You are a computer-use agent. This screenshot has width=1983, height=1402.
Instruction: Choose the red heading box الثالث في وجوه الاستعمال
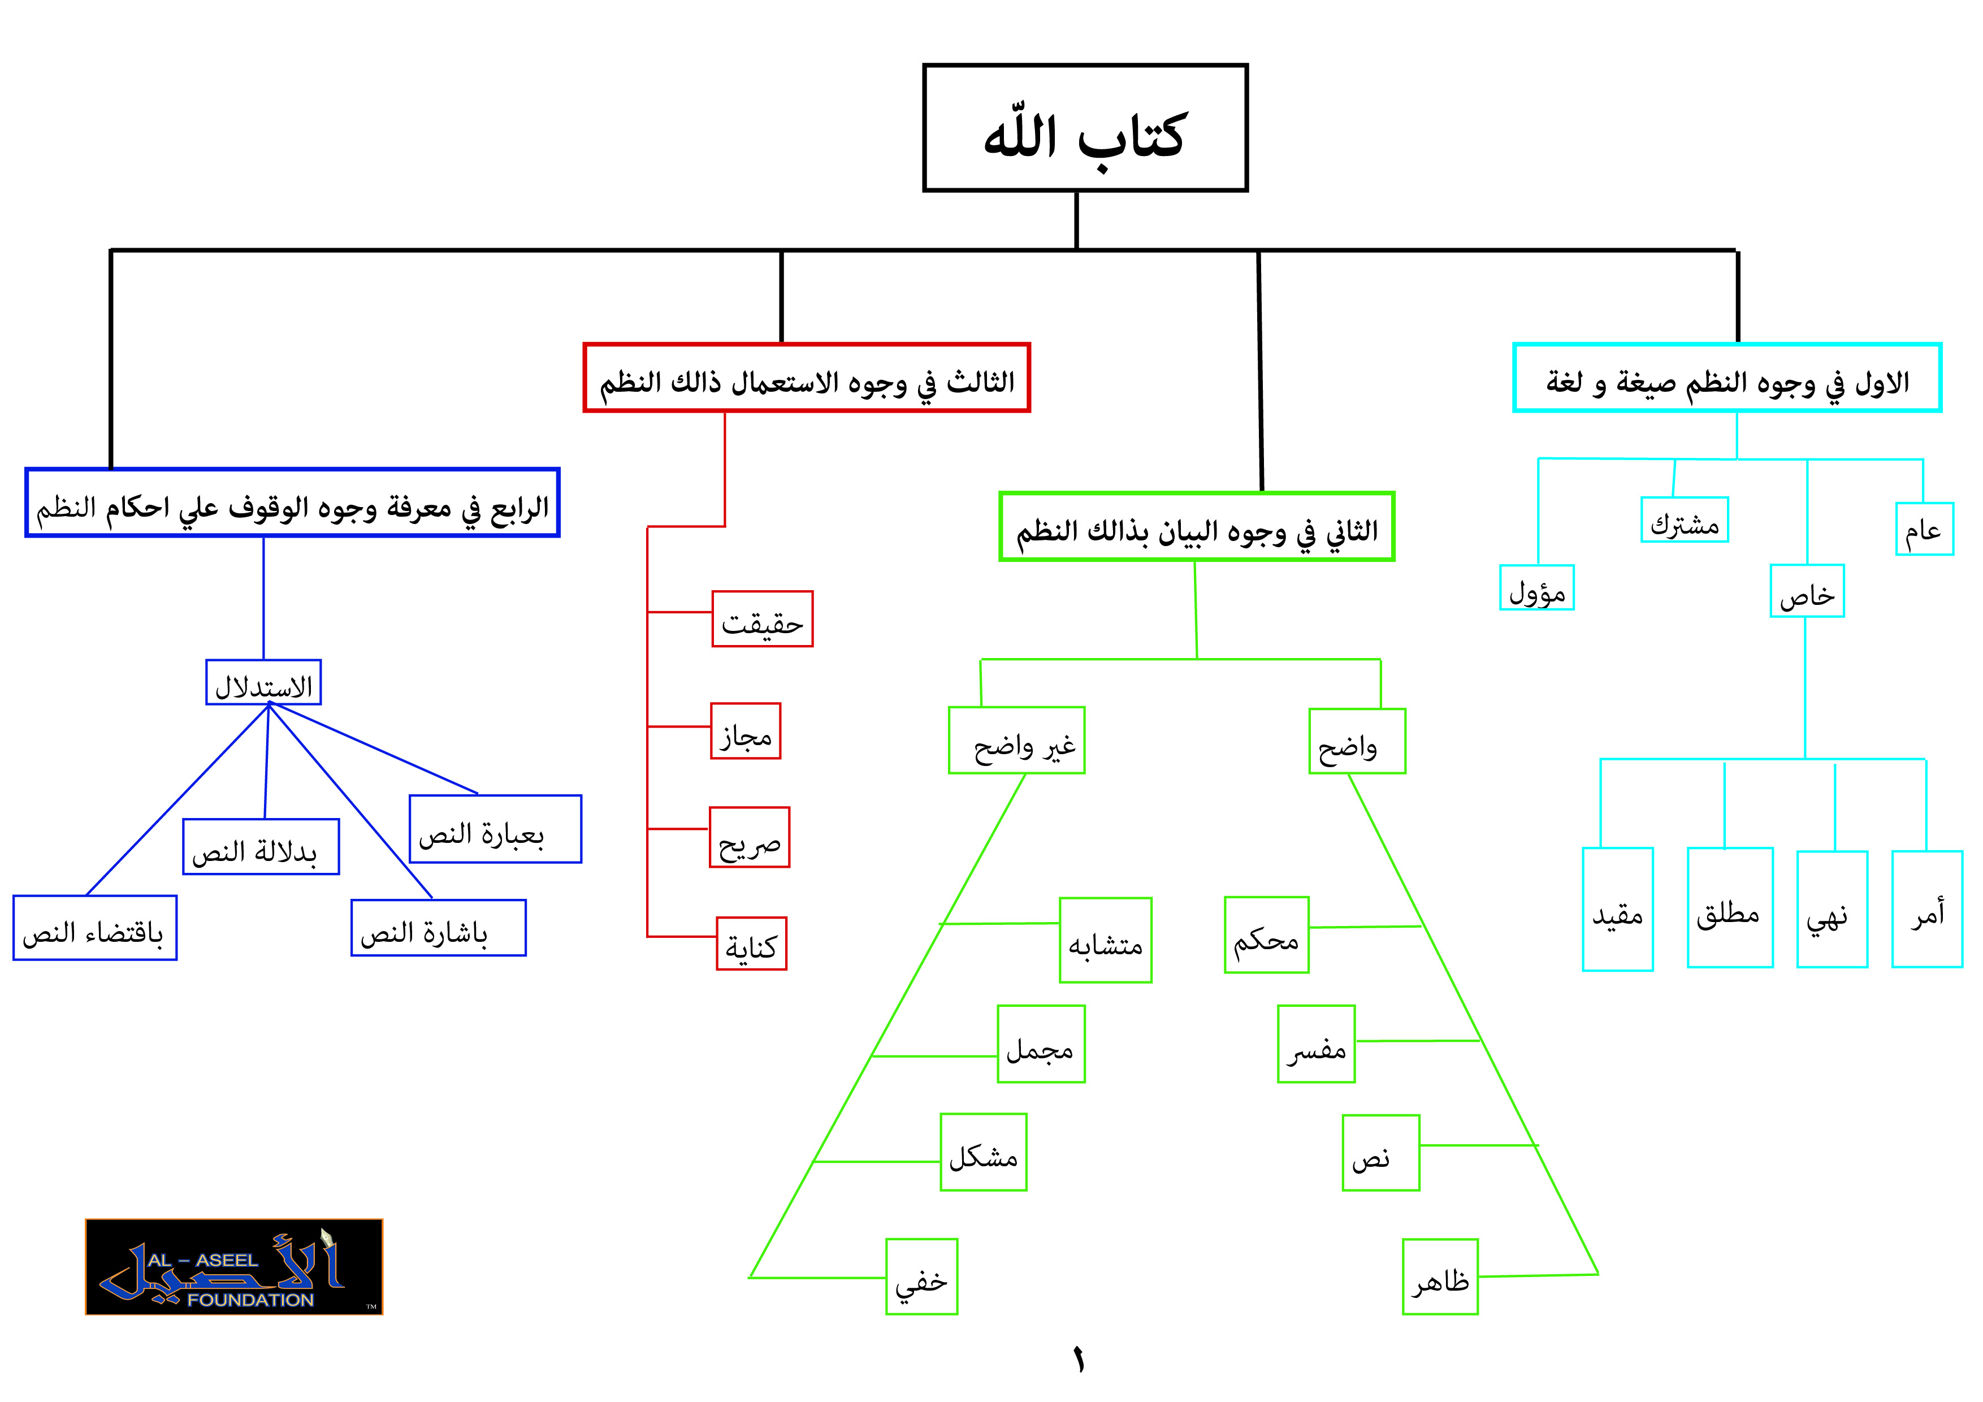tap(807, 378)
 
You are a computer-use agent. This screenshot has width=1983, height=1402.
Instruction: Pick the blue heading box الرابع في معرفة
tap(293, 503)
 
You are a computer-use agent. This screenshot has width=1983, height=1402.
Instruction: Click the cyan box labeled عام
tap(1924, 529)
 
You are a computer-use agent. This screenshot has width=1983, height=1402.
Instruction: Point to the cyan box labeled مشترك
tap(1684, 520)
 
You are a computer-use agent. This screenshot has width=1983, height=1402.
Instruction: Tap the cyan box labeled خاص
tap(1807, 591)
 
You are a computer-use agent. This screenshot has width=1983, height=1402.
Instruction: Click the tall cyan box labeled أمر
tap(1927, 908)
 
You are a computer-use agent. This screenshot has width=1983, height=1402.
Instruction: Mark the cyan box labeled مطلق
tap(1730, 907)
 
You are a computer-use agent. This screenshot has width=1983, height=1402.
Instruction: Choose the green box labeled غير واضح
tap(1016, 741)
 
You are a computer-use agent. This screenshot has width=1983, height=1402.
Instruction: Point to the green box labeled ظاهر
tap(1440, 1276)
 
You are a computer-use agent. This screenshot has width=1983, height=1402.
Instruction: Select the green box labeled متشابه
tap(1106, 940)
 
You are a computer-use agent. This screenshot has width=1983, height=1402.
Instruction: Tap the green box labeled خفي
tap(921, 1276)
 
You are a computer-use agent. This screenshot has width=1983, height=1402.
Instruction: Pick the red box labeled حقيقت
tap(763, 618)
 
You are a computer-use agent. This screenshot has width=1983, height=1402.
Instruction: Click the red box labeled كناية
tap(751, 944)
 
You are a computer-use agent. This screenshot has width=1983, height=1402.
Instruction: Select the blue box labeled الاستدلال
tap(263, 682)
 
